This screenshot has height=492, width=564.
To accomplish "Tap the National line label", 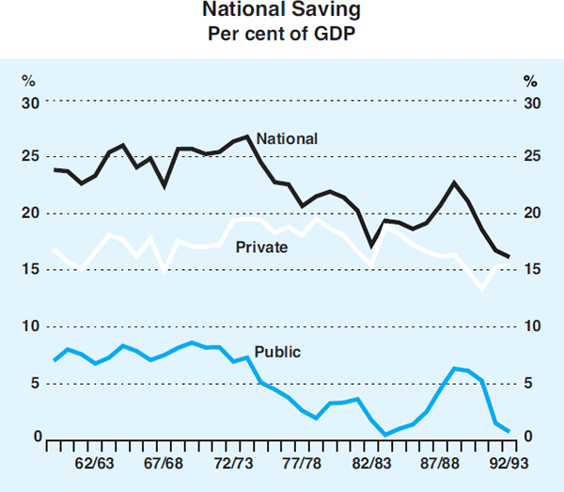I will pyautogui.click(x=288, y=138).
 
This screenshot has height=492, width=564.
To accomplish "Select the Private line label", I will pyautogui.click(x=261, y=247).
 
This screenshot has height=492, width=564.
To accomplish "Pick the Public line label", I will pyautogui.click(x=278, y=352).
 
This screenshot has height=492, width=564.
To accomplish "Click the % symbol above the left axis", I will pyautogui.click(x=28, y=80).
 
